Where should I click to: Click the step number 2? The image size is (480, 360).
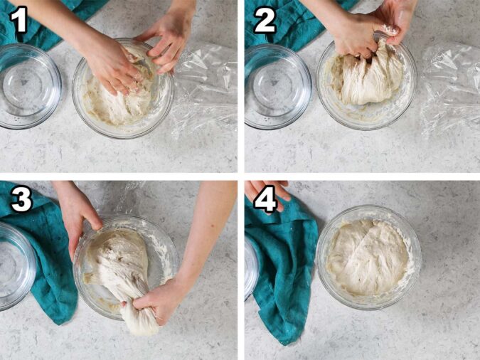click(264, 19)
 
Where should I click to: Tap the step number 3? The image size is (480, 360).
click(20, 201)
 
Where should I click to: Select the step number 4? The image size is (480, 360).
click(265, 201)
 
